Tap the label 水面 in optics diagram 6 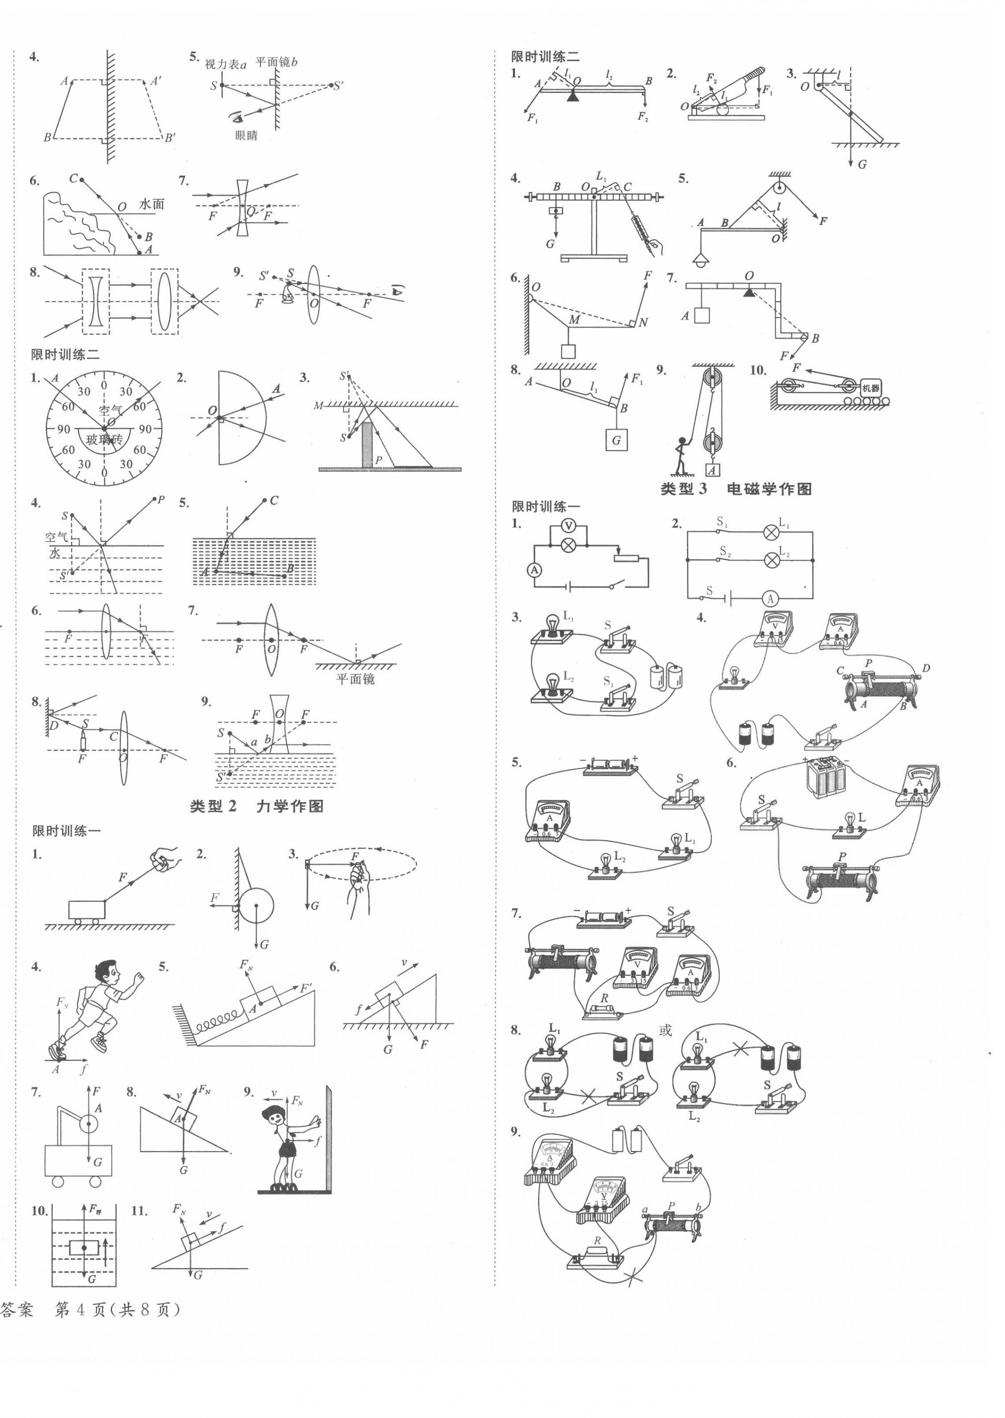coord(151,204)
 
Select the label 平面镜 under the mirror coord(355,679)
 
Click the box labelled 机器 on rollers coord(869,388)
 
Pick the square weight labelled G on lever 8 coord(616,441)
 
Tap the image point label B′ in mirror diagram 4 coord(170,138)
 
